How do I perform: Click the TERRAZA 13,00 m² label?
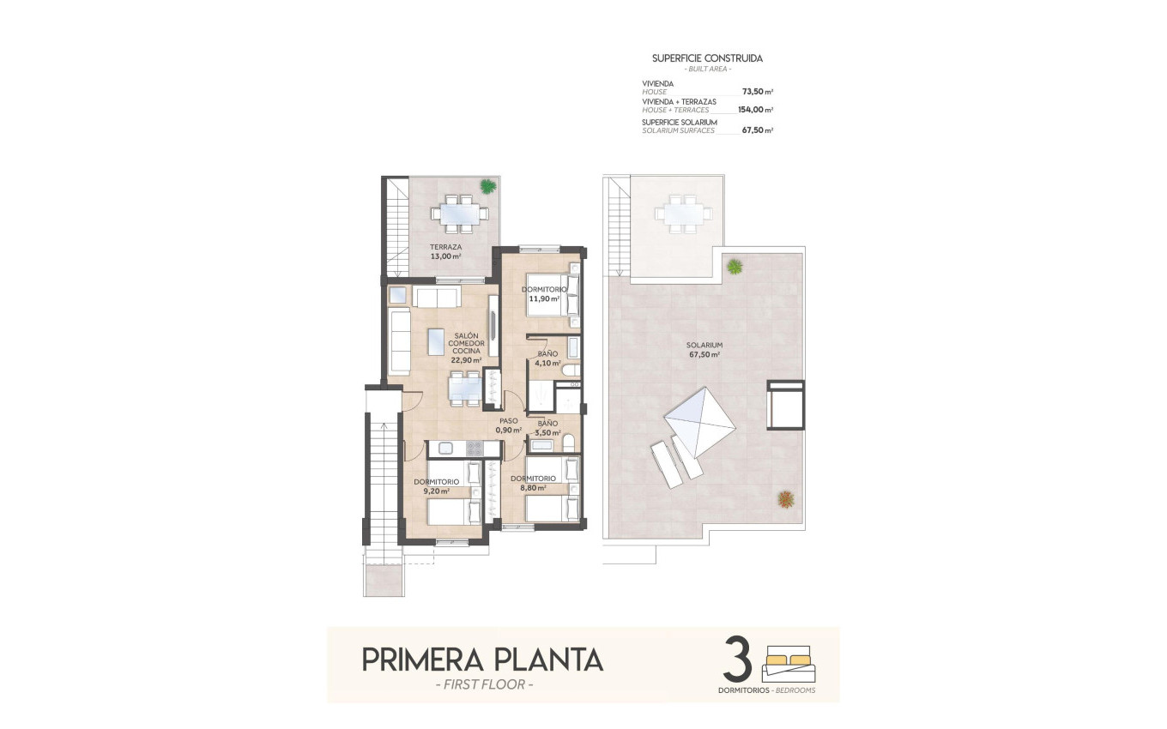pos(445,251)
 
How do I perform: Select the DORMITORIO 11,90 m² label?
pos(543,294)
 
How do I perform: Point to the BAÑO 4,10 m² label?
pos(547,358)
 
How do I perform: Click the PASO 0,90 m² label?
pos(508,425)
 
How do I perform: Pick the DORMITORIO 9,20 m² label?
pos(436,487)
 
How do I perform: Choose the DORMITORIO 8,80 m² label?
pos(533,483)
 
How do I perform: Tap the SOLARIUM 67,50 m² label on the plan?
pos(703,349)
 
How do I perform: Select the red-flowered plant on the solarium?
pos(785,497)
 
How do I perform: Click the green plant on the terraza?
pos(487,185)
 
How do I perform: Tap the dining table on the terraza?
pos(461,212)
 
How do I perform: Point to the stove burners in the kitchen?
pos(474,448)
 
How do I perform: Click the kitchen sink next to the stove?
pos(445,448)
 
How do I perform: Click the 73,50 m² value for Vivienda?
pos(755,91)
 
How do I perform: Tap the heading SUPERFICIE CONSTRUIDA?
pos(707,58)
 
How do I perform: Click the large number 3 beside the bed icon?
pos(737,659)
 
